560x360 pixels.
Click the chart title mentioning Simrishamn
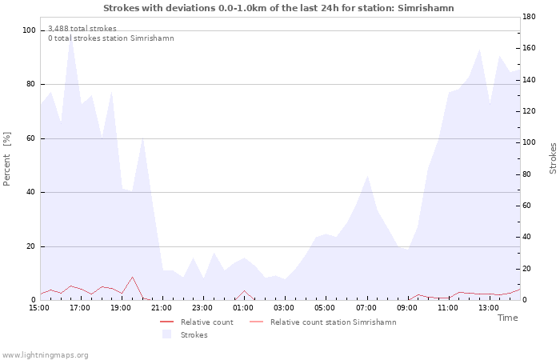point(278,8)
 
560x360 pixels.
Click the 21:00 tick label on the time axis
point(162,308)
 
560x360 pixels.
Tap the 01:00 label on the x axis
point(243,308)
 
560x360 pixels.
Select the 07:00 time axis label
point(366,308)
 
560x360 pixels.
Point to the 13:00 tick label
point(489,308)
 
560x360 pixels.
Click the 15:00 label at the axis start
point(39,308)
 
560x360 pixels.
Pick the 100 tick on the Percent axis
point(29,30)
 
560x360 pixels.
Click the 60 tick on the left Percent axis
point(31,138)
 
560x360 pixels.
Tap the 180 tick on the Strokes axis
point(529,17)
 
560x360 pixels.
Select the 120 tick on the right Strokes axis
point(529,111)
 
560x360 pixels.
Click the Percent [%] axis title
point(6,159)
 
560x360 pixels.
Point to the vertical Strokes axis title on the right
point(553,158)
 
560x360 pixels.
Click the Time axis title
point(507,318)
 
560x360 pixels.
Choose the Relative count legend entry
point(206,322)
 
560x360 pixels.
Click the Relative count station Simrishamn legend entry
point(334,322)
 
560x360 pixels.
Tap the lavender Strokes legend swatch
point(166,334)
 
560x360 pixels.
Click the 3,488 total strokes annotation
point(82,29)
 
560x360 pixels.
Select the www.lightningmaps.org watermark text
point(45,355)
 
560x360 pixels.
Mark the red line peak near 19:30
point(132,277)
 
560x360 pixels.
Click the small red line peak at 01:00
point(244,290)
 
